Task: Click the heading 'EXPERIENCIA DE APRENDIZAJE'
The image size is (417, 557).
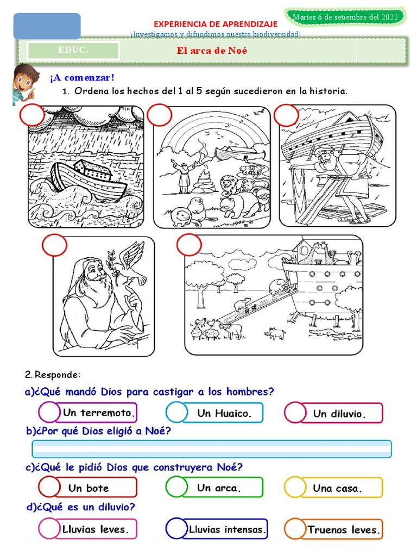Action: [x=216, y=24]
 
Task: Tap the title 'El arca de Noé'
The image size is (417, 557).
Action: [x=208, y=51]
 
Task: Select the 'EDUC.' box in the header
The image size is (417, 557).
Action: [x=73, y=51]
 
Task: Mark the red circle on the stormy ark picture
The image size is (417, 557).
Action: [x=32, y=116]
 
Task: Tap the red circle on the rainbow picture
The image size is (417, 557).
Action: [x=159, y=115]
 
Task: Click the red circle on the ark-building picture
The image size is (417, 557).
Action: [x=286, y=115]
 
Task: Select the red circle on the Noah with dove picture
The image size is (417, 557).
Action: [x=54, y=245]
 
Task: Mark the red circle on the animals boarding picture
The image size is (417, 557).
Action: [x=189, y=245]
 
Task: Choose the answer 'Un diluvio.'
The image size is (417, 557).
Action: [x=339, y=414]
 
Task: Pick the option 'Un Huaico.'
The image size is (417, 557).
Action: [x=224, y=413]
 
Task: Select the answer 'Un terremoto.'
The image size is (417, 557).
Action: [x=98, y=413]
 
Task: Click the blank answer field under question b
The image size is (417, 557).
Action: [x=212, y=449]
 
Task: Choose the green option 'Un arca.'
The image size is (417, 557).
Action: [x=219, y=488]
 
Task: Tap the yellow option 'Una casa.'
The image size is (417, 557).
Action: [x=337, y=488]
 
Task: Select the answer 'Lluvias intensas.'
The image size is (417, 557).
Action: [x=226, y=529]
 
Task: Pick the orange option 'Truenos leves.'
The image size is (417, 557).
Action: [x=344, y=529]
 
